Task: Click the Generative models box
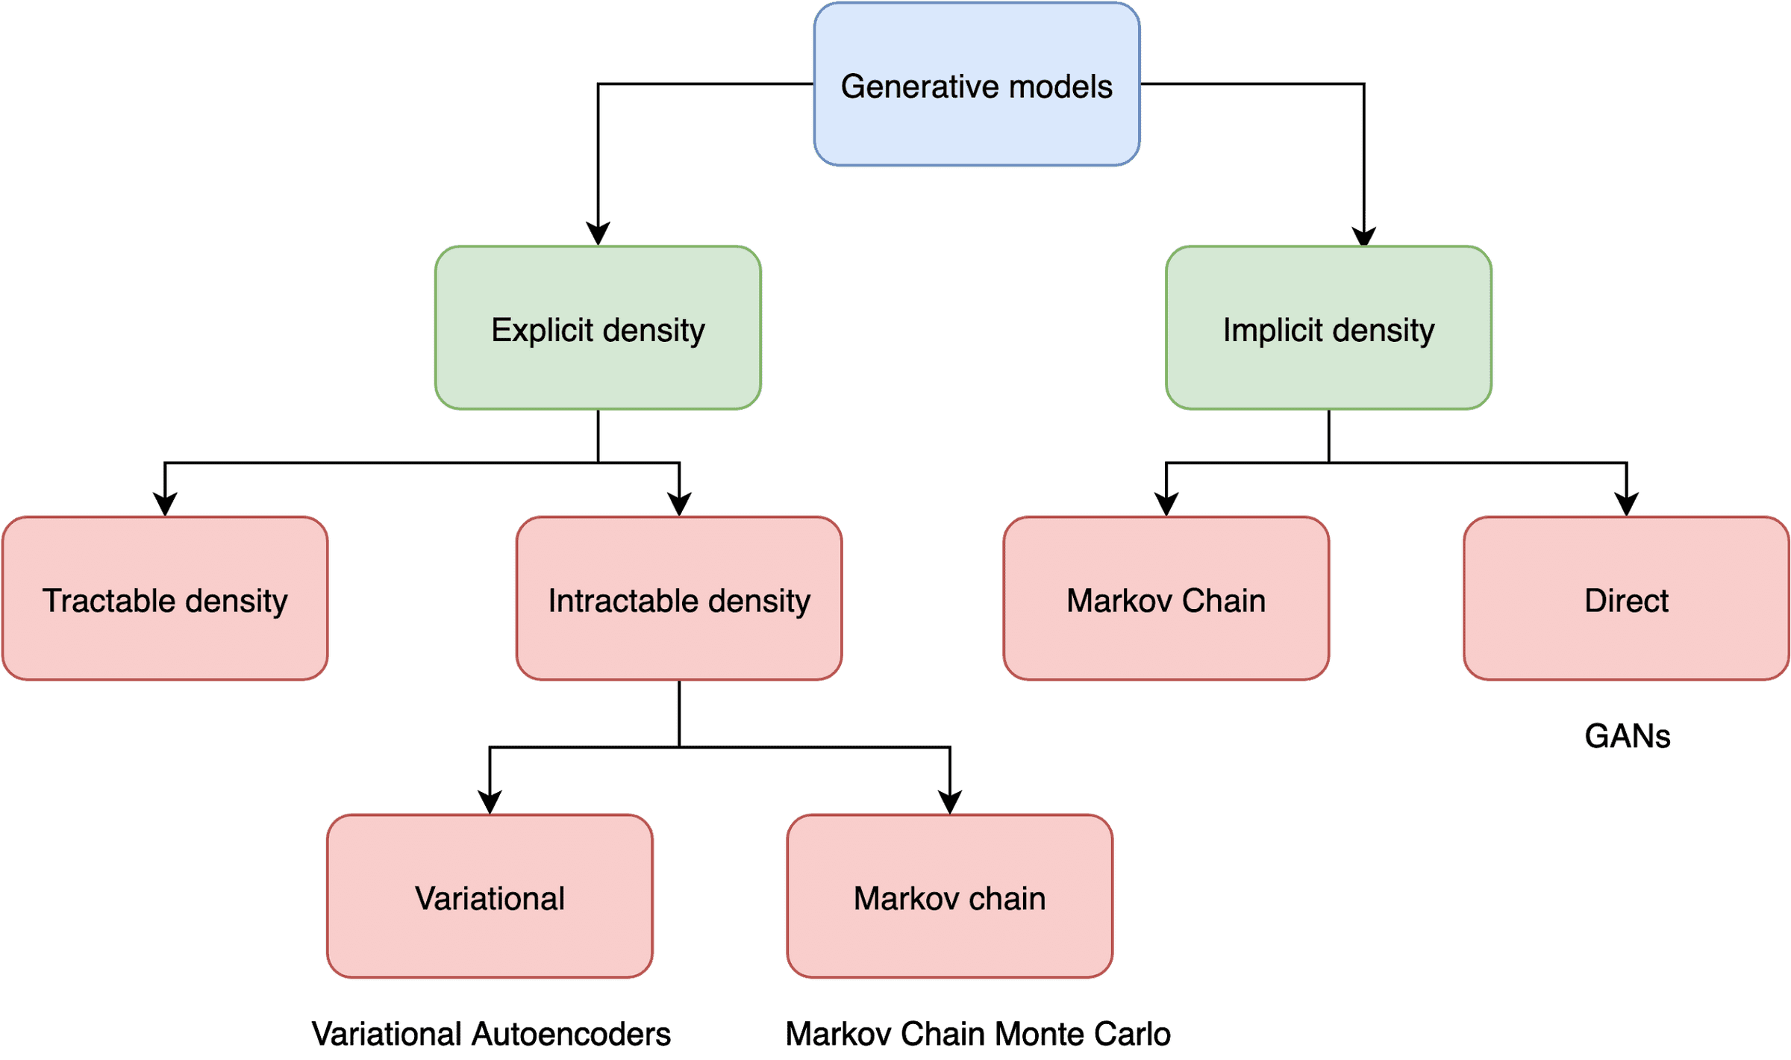click(976, 84)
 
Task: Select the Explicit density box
click(598, 328)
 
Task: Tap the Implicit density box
click(1328, 328)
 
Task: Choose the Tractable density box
click(165, 599)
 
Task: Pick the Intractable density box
click(679, 599)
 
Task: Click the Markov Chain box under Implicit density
click(1166, 599)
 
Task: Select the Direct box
click(1626, 599)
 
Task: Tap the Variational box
click(490, 897)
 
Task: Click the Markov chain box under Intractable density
click(949, 897)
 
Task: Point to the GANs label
click(1627, 736)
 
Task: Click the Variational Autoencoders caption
click(491, 1034)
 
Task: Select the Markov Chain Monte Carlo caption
click(978, 1034)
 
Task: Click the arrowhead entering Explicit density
click(598, 233)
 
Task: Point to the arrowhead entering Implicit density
click(1364, 234)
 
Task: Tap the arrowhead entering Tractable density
click(165, 503)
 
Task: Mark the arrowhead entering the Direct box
click(1626, 503)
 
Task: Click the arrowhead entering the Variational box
click(490, 802)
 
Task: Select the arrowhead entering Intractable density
click(679, 503)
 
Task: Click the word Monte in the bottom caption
click(1039, 1034)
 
